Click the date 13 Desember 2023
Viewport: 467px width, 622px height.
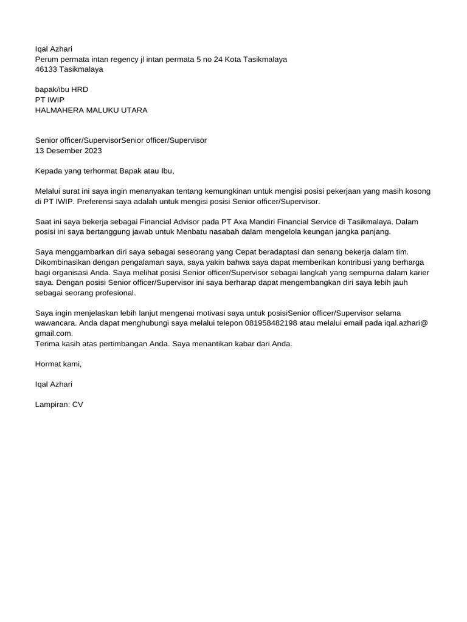pos(69,151)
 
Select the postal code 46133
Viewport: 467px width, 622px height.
pos(46,69)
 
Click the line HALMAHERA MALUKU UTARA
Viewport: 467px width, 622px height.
pos(91,110)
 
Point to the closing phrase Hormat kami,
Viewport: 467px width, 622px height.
pos(58,364)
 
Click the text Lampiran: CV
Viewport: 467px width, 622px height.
pos(59,404)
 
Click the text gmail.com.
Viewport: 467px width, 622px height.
pos(54,333)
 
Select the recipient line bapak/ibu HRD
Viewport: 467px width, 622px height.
pos(61,89)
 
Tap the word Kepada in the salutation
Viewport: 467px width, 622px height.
pos(49,171)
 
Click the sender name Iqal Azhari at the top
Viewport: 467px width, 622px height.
pos(54,49)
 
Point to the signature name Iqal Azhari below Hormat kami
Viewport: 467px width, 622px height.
pos(54,384)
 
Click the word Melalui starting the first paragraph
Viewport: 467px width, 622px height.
pos(49,191)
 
